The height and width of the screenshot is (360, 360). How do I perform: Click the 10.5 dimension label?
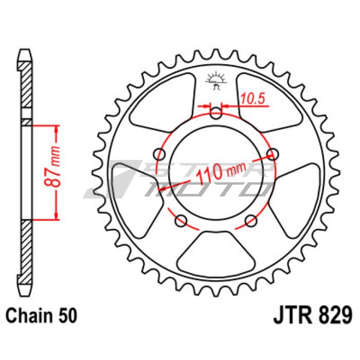(x=253, y=99)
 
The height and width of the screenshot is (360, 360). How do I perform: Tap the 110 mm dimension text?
(x=221, y=171)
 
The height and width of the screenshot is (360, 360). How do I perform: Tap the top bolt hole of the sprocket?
(x=216, y=113)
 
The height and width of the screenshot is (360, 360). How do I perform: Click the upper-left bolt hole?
(x=159, y=154)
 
